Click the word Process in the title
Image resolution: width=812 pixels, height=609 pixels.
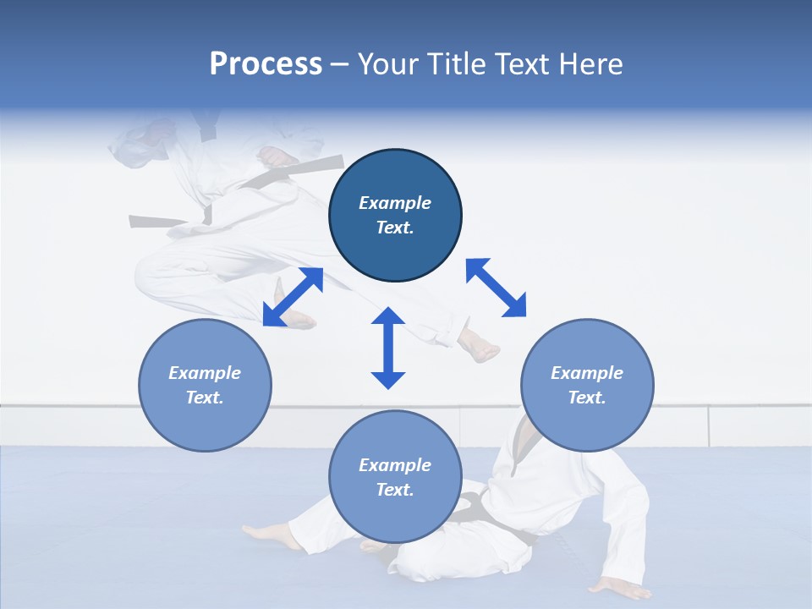point(266,64)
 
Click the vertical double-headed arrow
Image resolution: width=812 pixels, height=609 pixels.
point(388,348)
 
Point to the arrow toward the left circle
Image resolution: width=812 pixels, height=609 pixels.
point(293,297)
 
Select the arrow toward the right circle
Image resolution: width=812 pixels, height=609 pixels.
point(496,288)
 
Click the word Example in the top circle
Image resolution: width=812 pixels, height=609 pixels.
point(395,203)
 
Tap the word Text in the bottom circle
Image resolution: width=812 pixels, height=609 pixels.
point(393,490)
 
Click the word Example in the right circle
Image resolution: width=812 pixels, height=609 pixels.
point(587,373)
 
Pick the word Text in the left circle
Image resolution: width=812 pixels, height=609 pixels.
point(204,398)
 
